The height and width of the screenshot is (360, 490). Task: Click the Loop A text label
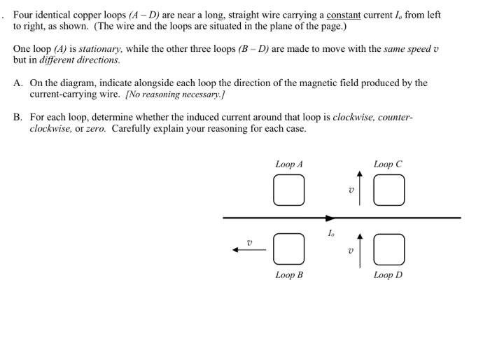(x=289, y=164)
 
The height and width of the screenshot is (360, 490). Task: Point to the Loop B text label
(x=289, y=275)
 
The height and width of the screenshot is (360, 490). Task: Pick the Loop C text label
(x=388, y=164)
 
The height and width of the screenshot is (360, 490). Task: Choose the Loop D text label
(x=388, y=275)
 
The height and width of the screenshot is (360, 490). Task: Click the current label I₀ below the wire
(x=331, y=233)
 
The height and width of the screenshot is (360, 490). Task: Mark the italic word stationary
(x=97, y=49)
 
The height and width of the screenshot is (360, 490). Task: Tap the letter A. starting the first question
(x=18, y=83)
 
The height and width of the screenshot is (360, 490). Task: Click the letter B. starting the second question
(x=18, y=117)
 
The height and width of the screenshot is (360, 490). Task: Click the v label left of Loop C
(x=351, y=190)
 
